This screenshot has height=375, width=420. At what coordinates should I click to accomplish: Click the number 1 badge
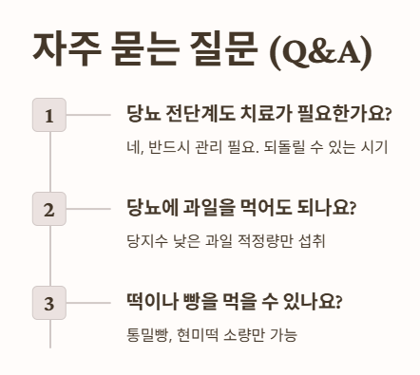pos(48,115)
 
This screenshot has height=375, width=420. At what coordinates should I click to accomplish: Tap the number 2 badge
pos(48,208)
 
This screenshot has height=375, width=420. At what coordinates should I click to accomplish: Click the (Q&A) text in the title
pos(320,52)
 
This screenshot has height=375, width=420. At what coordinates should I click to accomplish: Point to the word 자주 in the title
pos(63,50)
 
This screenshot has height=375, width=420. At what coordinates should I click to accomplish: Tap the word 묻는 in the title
pos(142,50)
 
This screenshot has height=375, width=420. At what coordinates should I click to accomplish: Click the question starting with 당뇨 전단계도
pos(258,115)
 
